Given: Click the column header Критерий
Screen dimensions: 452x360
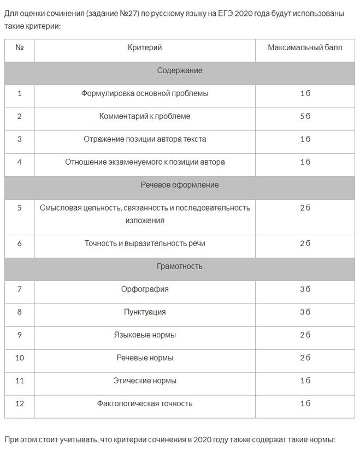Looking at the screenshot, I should pyautogui.click(x=145, y=48).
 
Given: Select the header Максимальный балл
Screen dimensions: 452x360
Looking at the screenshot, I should pyautogui.click(x=305, y=48).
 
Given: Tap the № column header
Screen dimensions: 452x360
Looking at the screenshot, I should pyautogui.click(x=20, y=48).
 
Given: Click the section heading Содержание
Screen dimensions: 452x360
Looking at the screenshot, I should pyautogui.click(x=180, y=70).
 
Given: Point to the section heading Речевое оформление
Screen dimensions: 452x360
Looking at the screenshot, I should pyautogui.click(x=180, y=185).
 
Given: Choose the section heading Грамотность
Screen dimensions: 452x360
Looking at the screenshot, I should pyautogui.click(x=180, y=266).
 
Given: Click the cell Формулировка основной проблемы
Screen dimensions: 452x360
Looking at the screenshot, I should pyautogui.click(x=145, y=93).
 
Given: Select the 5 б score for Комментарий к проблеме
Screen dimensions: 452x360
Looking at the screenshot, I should pyautogui.click(x=305, y=116).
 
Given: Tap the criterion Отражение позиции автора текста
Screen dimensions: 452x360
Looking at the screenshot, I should pyautogui.click(x=145, y=139).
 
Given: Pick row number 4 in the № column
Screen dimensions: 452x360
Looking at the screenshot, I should pyautogui.click(x=20, y=162).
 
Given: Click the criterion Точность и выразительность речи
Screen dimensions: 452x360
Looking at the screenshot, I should pyautogui.click(x=145, y=243).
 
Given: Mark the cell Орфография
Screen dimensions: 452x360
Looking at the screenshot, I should pyautogui.click(x=145, y=289).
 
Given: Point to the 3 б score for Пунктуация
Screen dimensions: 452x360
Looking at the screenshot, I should pyautogui.click(x=305, y=312).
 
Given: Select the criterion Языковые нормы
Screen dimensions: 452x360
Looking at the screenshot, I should pyautogui.click(x=145, y=335).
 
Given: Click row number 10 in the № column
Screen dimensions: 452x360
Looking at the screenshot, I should pyautogui.click(x=20, y=358).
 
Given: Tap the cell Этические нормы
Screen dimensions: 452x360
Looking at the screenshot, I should pyautogui.click(x=145, y=380).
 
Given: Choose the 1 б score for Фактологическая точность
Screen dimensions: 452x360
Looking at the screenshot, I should pyautogui.click(x=305, y=403).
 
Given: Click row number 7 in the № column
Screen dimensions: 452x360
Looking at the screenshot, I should pyautogui.click(x=20, y=289).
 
